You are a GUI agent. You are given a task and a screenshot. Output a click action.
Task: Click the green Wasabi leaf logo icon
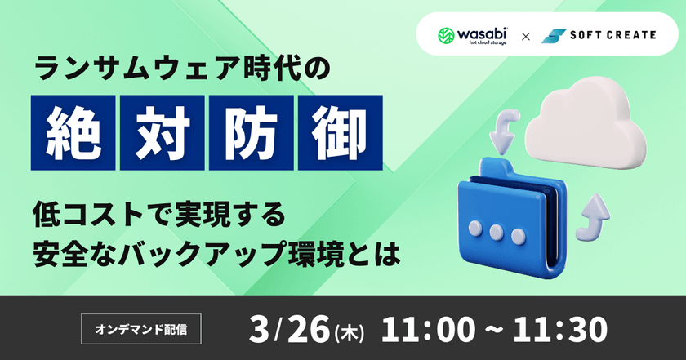447,36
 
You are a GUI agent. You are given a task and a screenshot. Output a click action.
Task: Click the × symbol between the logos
526,37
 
